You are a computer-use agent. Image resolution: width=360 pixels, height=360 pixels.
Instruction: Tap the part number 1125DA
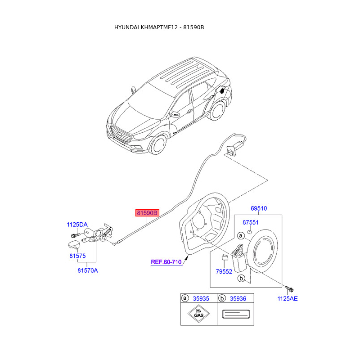click(x=77, y=225)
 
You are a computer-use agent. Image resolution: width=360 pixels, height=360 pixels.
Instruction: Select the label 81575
click(x=77, y=256)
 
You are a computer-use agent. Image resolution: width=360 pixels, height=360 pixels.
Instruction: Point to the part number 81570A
click(x=87, y=270)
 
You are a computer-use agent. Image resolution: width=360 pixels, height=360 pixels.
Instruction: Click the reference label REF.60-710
click(x=166, y=261)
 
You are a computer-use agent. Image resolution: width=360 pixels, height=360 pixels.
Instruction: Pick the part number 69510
click(x=259, y=208)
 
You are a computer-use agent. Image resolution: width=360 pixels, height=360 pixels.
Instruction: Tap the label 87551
click(x=251, y=222)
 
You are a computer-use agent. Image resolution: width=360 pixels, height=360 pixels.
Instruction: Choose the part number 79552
click(x=224, y=271)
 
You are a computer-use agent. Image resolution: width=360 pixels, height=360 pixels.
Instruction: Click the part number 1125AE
click(x=288, y=298)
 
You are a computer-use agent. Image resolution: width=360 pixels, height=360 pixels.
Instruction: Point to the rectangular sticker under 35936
click(x=235, y=314)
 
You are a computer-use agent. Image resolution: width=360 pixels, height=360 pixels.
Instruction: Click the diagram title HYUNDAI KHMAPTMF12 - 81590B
click(x=159, y=27)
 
